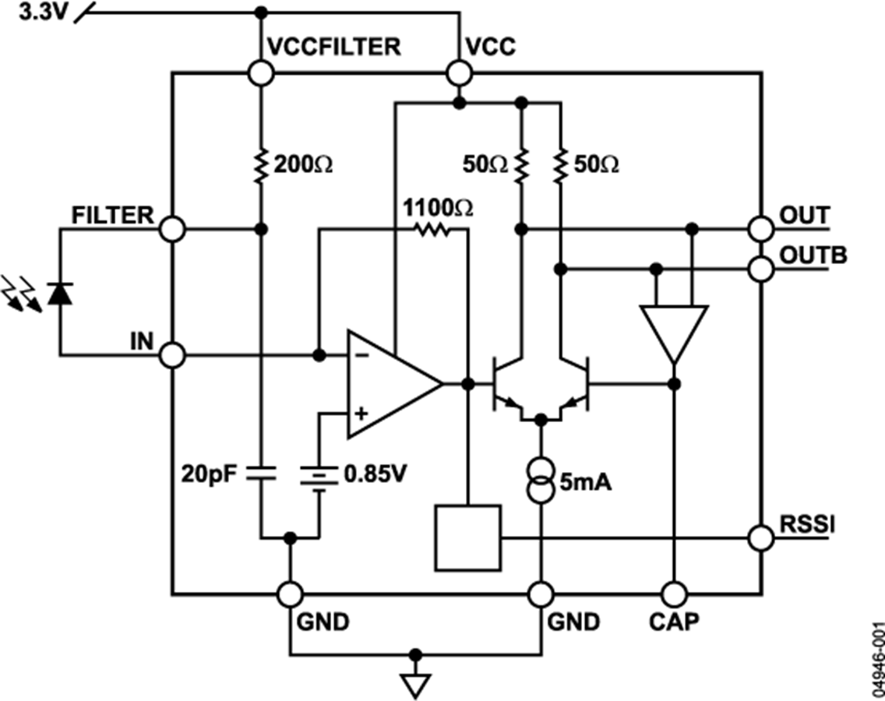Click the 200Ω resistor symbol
(260, 165)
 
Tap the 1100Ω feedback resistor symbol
(432, 230)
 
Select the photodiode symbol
(59, 294)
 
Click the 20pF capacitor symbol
(261, 473)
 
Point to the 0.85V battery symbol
(319, 477)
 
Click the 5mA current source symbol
(541, 481)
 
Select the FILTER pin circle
(172, 230)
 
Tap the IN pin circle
(172, 356)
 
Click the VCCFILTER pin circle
(261, 73)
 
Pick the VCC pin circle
(460, 73)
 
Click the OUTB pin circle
(761, 269)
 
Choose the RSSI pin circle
(761, 538)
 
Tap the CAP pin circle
(674, 594)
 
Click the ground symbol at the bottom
(415, 685)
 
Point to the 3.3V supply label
(43, 12)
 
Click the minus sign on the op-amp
(363, 356)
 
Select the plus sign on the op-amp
(361, 414)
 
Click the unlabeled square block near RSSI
(468, 538)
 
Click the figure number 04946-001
(876, 660)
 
